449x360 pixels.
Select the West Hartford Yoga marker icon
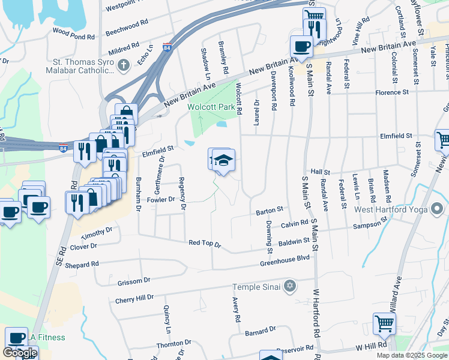[437, 209]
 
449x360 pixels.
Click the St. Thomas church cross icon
[124, 65]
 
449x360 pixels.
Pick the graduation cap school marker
[223, 160]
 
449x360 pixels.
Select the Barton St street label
[270, 211]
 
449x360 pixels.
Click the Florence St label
[392, 93]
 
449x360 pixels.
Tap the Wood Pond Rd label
[74, 34]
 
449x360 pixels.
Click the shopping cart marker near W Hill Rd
[384, 323]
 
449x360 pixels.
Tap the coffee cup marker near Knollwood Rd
[301, 46]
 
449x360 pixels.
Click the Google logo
[20, 353]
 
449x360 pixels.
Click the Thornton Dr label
[173, 344]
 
